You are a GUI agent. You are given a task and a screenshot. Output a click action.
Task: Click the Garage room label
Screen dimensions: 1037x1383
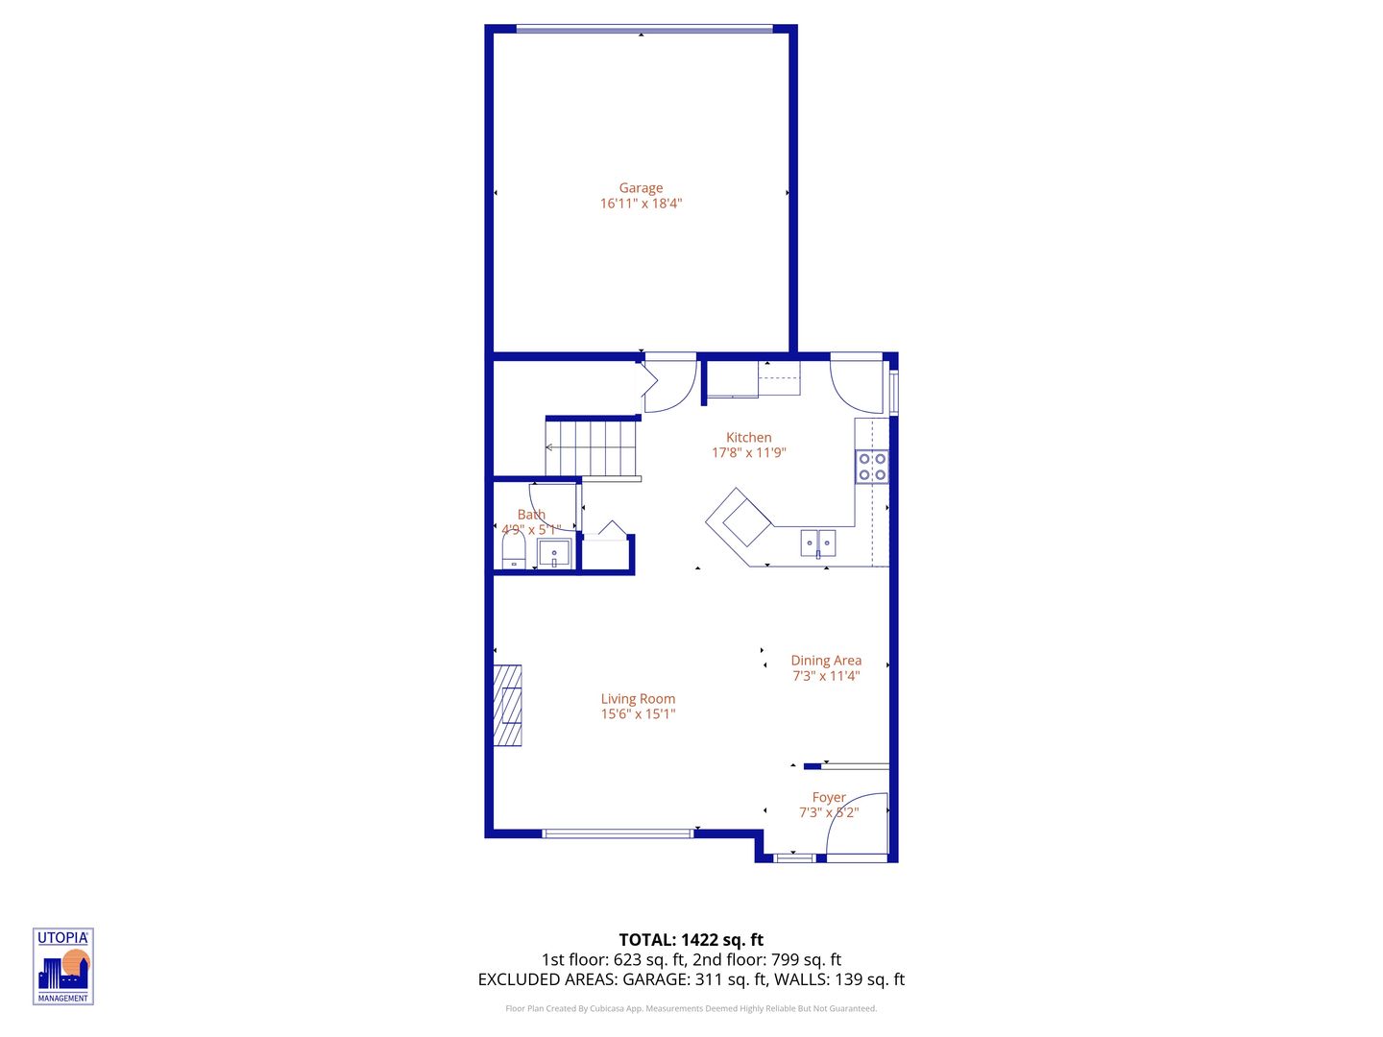pyautogui.click(x=641, y=188)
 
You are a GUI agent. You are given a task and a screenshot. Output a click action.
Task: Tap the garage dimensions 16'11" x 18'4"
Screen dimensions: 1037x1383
pyautogui.click(x=641, y=204)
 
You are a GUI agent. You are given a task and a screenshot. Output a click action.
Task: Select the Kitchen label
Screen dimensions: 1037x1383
pyautogui.click(x=748, y=438)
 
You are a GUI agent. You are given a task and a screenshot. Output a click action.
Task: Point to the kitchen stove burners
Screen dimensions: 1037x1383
pyautogui.click(x=872, y=467)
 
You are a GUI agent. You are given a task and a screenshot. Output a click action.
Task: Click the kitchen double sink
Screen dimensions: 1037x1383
pyautogui.click(x=817, y=543)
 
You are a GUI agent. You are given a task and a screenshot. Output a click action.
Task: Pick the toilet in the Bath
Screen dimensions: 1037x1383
pyautogui.click(x=514, y=551)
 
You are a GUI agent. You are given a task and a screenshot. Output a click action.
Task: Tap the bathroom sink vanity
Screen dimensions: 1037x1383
pyautogui.click(x=554, y=554)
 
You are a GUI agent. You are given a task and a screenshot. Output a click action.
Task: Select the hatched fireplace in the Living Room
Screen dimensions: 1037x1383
pyautogui.click(x=507, y=705)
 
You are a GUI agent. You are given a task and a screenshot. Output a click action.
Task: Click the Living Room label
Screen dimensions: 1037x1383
pyautogui.click(x=638, y=699)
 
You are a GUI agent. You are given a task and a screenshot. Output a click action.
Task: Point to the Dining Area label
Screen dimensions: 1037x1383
pyautogui.click(x=826, y=661)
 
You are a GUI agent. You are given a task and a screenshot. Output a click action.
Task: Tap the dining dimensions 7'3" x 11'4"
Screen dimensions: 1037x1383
pyautogui.click(x=826, y=676)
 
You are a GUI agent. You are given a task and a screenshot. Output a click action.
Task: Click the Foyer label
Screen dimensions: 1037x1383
pyautogui.click(x=829, y=798)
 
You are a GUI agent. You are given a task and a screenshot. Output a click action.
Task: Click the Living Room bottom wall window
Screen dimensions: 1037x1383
pyautogui.click(x=618, y=833)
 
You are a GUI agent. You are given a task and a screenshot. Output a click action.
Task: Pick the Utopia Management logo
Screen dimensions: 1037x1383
pyautogui.click(x=63, y=966)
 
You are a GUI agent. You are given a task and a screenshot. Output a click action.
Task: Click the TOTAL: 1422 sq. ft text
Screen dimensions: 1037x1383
pyautogui.click(x=691, y=940)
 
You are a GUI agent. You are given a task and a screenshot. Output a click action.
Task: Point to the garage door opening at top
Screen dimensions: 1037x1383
pyautogui.click(x=643, y=29)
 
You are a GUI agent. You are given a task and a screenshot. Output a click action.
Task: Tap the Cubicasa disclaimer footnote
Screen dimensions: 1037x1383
pyautogui.click(x=691, y=1009)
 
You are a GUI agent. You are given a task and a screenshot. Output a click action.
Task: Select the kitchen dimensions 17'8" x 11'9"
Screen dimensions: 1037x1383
pyautogui.click(x=748, y=453)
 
